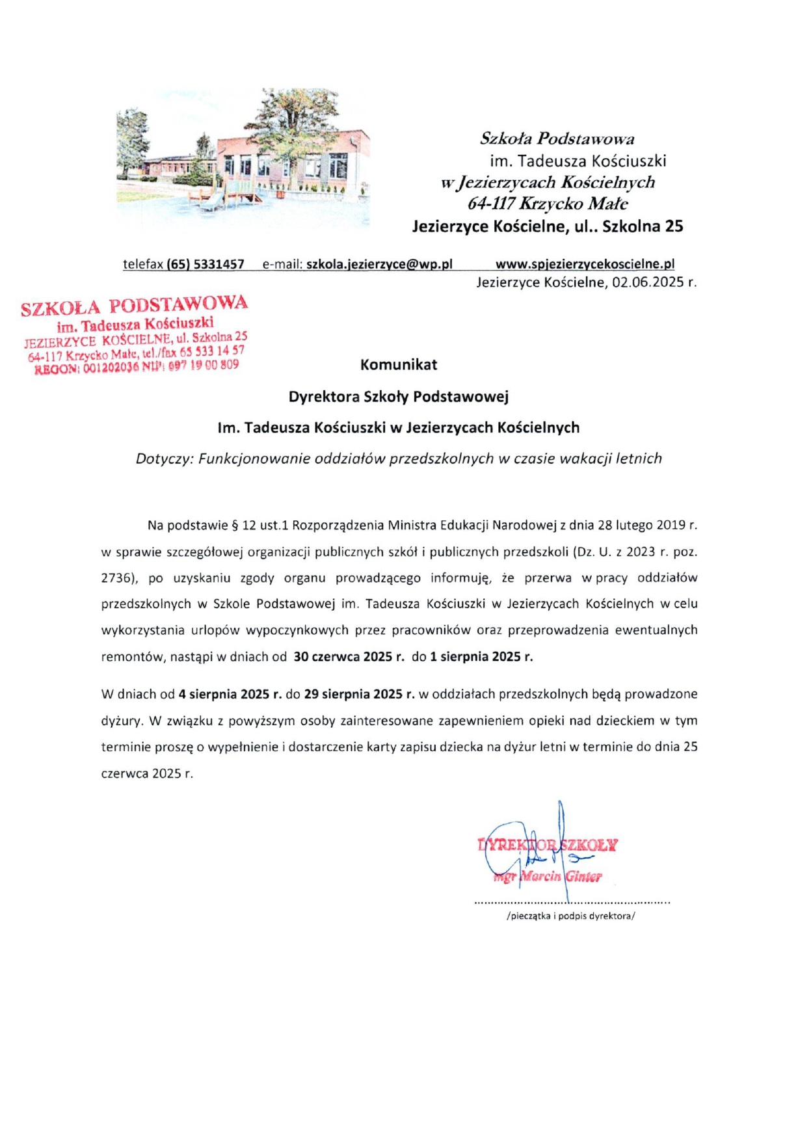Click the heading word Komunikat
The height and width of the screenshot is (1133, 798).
[398, 365]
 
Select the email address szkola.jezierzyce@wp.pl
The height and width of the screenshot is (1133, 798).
[379, 265]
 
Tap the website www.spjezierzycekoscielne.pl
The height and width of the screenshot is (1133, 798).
[584, 265]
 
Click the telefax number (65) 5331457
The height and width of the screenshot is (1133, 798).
[205, 265]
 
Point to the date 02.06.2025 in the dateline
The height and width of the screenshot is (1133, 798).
[648, 282]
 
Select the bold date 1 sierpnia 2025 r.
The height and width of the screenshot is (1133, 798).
[481, 657]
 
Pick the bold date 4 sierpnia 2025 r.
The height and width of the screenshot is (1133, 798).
[230, 695]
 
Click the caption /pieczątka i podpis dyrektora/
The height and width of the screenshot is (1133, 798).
[570, 916]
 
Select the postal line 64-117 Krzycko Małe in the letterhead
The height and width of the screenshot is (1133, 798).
[548, 204]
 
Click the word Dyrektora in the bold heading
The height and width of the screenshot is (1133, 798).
[323, 397]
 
